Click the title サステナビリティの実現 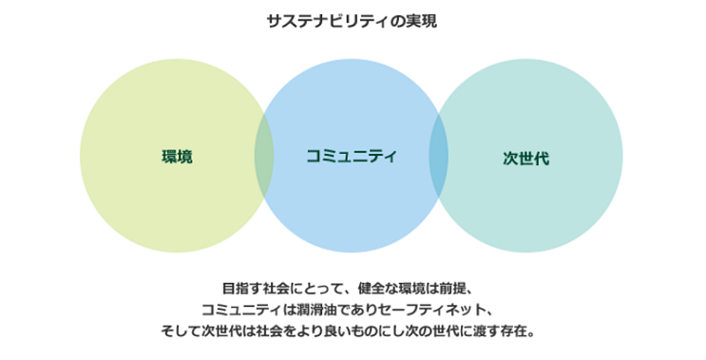tap(352, 21)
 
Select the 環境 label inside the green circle tap(177, 156)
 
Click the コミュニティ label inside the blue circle tap(352, 156)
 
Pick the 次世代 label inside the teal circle tap(525, 159)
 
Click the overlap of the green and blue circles tap(264, 156)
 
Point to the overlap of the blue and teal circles tap(439, 156)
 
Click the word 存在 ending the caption tap(511, 332)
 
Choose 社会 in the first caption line tap(278, 288)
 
